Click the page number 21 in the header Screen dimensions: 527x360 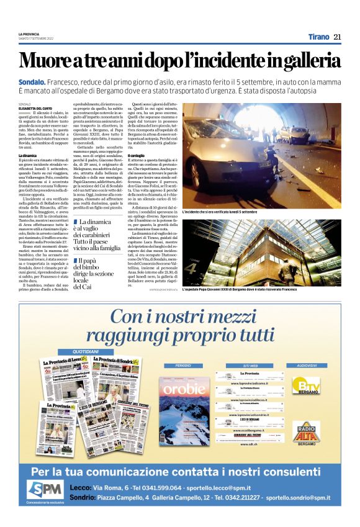tap(337, 37)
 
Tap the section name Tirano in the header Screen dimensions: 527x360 tap(318, 37)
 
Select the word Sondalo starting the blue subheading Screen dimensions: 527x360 tap(32, 82)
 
